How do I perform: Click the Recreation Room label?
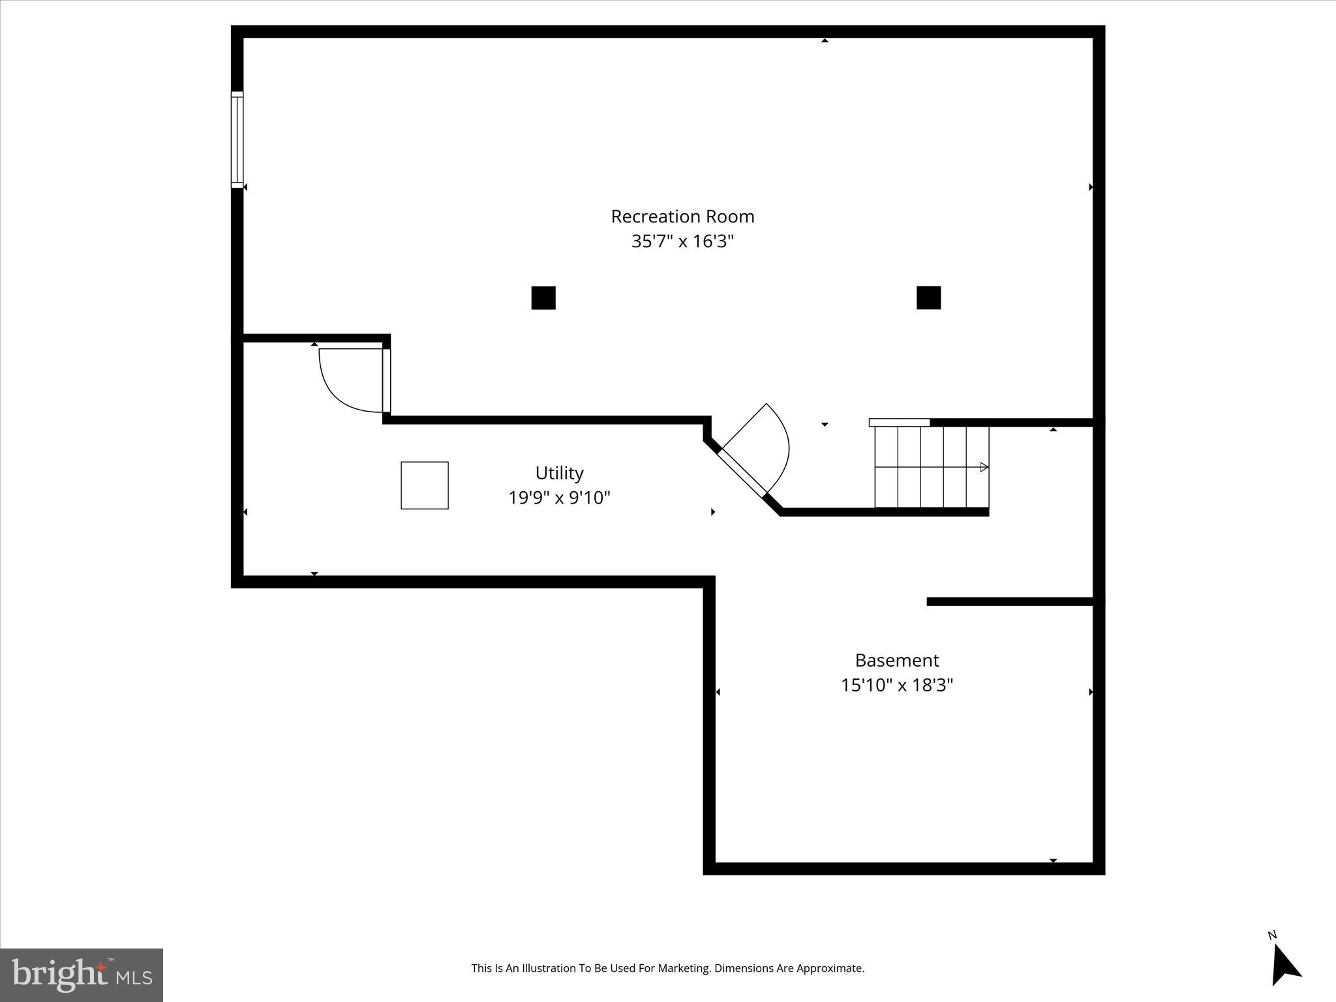coord(682,217)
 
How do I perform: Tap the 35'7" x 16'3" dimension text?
coord(682,241)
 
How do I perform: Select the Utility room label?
coord(559,473)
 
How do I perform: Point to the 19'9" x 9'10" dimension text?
coord(559,498)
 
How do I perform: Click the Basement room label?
coord(897,660)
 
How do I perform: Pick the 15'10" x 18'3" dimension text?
coord(897,685)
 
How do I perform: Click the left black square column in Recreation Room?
coord(543,297)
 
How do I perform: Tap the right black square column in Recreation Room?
coord(928,297)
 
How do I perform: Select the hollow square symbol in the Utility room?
coord(425,485)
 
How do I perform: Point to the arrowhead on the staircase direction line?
coord(984,467)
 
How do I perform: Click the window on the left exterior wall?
coord(237,140)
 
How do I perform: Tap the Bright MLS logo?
coord(82,975)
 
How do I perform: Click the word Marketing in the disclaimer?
coord(685,969)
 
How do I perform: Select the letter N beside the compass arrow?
coord(1272,935)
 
